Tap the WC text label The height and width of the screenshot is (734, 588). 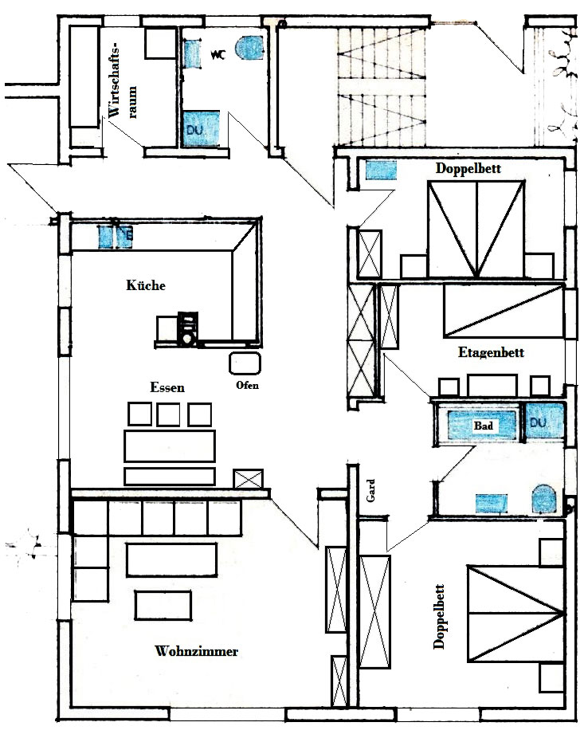pyautogui.click(x=218, y=55)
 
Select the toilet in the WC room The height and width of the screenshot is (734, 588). pyautogui.click(x=249, y=48)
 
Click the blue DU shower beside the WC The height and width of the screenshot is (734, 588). pyautogui.click(x=200, y=129)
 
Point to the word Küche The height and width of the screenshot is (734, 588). pyautogui.click(x=146, y=285)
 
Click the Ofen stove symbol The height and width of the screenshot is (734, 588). pyautogui.click(x=245, y=363)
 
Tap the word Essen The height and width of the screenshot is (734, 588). pyautogui.click(x=167, y=387)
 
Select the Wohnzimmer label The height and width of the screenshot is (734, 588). pyautogui.click(x=196, y=651)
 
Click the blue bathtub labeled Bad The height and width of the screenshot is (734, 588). pyautogui.click(x=481, y=425)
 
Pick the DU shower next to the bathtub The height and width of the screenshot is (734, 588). pyautogui.click(x=544, y=422)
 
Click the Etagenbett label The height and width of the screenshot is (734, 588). pyautogui.click(x=491, y=352)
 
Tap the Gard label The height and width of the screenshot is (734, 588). pyautogui.click(x=370, y=491)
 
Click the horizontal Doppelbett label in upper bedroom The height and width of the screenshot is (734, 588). pyautogui.click(x=468, y=168)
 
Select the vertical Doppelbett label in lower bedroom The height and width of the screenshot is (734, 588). pyautogui.click(x=439, y=616)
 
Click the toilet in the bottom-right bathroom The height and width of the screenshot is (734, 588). pyautogui.click(x=544, y=499)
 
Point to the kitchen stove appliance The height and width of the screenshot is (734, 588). pyautogui.click(x=188, y=329)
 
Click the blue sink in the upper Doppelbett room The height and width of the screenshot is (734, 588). pyautogui.click(x=381, y=171)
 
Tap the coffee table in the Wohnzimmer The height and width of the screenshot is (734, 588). pyautogui.click(x=163, y=605)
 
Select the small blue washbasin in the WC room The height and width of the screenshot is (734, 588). pyautogui.click(x=191, y=54)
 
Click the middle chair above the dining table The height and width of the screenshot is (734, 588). pyautogui.click(x=169, y=414)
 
